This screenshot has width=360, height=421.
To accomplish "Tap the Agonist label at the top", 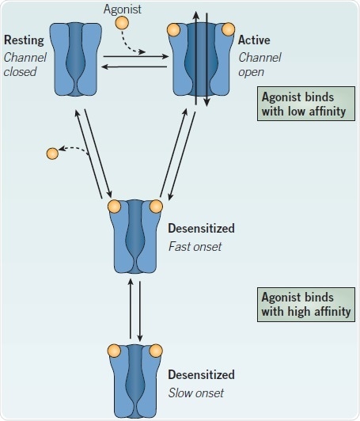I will pyautogui.click(x=123, y=9).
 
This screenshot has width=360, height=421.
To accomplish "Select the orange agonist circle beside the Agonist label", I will pyautogui.click(x=122, y=23).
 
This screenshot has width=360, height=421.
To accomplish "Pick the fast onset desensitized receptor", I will pyautogui.click(x=135, y=237).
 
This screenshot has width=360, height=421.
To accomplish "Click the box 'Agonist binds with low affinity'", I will pyautogui.click(x=303, y=104).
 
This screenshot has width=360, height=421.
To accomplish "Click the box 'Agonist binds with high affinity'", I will pyautogui.click(x=303, y=303).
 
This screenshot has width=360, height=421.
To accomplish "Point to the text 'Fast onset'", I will pyautogui.click(x=195, y=245).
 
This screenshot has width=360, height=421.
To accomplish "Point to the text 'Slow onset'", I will pyautogui.click(x=195, y=393).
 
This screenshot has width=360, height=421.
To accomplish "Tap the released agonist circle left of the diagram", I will pyautogui.click(x=51, y=152).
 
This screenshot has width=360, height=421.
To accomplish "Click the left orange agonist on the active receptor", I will pyautogui.click(x=173, y=31).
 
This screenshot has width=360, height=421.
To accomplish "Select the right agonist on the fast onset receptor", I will pyautogui.click(x=156, y=207).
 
